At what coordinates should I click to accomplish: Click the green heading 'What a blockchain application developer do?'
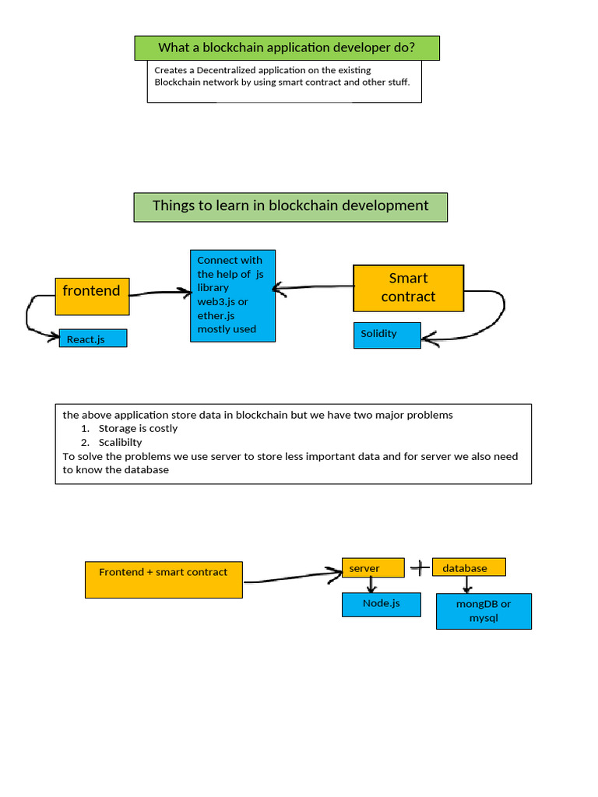click(x=287, y=48)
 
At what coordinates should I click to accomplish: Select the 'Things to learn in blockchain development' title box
click(x=290, y=207)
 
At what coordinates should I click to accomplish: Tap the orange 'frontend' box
click(x=92, y=296)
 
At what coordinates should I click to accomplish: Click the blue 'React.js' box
click(x=93, y=339)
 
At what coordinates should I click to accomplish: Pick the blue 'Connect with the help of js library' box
click(x=232, y=295)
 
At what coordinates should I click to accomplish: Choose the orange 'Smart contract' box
click(x=408, y=288)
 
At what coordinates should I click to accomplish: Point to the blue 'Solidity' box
click(x=387, y=335)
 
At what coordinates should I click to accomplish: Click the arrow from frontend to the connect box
click(x=160, y=293)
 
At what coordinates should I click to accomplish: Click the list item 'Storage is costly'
click(x=138, y=429)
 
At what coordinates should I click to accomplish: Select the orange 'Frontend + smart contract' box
click(x=164, y=580)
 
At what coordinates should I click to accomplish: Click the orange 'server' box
click(x=373, y=568)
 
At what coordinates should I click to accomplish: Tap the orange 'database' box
click(x=469, y=568)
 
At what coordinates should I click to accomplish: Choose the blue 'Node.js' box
click(x=382, y=604)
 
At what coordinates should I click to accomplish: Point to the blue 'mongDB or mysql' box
click(x=484, y=611)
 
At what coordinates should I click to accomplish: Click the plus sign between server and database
click(x=419, y=568)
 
